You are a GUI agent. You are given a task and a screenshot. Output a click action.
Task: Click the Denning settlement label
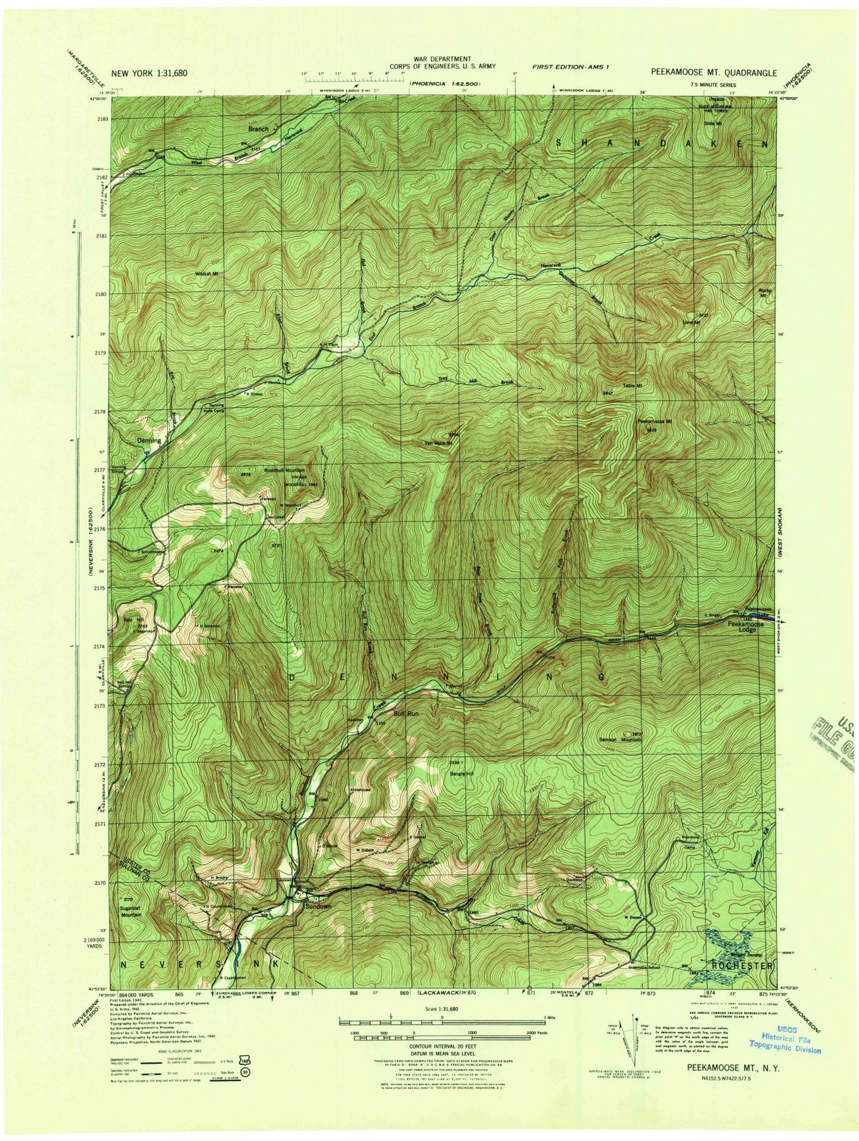149,441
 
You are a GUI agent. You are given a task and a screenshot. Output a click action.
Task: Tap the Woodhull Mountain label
285,471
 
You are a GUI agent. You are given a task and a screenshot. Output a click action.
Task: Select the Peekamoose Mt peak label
655,421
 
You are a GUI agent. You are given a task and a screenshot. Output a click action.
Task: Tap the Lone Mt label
692,323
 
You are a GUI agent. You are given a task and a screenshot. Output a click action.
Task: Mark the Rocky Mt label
766,292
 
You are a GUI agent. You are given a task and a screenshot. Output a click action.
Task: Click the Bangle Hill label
462,773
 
